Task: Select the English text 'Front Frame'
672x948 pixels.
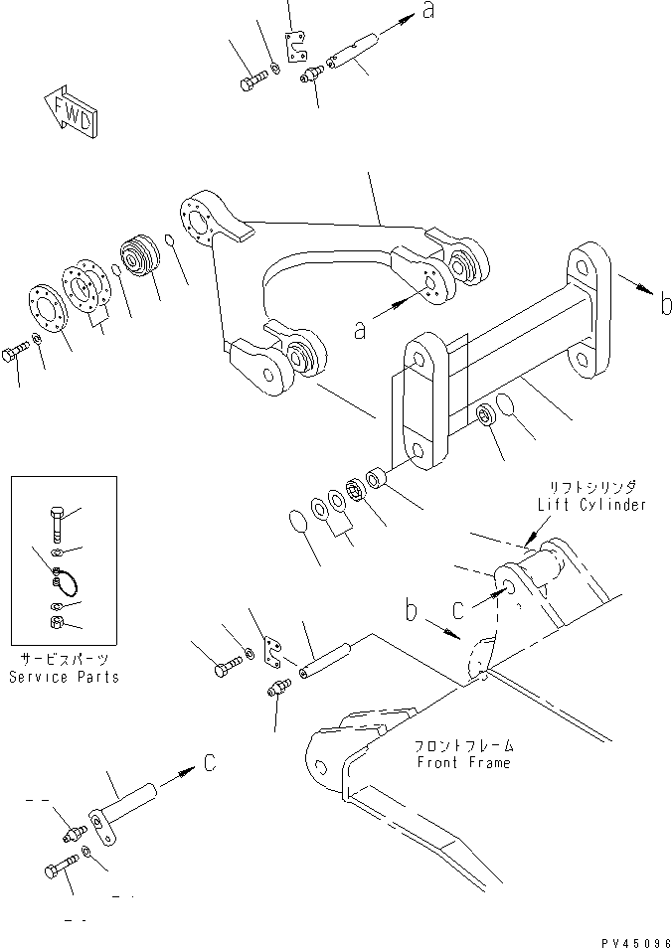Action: tap(463, 762)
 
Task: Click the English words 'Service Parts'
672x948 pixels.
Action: tap(64, 677)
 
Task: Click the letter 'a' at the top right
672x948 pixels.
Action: tap(428, 11)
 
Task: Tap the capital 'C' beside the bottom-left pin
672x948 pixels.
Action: tap(210, 764)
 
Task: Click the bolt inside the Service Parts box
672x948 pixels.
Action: tap(57, 522)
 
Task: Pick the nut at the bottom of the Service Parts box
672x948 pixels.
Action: tap(58, 623)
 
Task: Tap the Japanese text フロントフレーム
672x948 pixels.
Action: tap(463, 745)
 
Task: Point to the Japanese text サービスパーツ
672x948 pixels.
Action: tap(64, 659)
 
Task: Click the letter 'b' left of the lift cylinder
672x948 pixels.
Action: tap(411, 609)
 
